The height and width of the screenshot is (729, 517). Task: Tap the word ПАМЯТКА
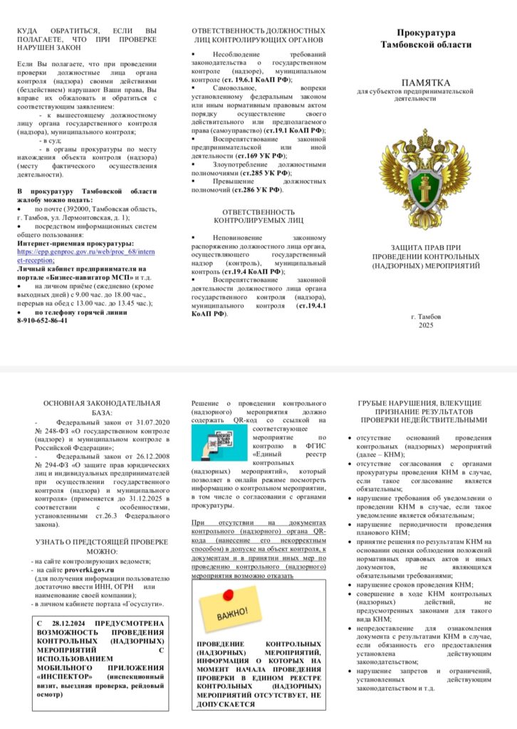pyautogui.click(x=426, y=83)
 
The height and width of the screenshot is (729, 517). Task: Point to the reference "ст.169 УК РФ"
pyautogui.click(x=264, y=155)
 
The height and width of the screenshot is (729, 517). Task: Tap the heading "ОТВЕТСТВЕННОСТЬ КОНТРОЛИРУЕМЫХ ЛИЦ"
pyautogui.click(x=258, y=216)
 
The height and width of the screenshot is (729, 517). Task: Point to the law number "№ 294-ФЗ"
pyautogui.click(x=51, y=474)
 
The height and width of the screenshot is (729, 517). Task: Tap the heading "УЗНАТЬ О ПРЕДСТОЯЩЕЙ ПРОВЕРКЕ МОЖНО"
pyautogui.click(x=101, y=546)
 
